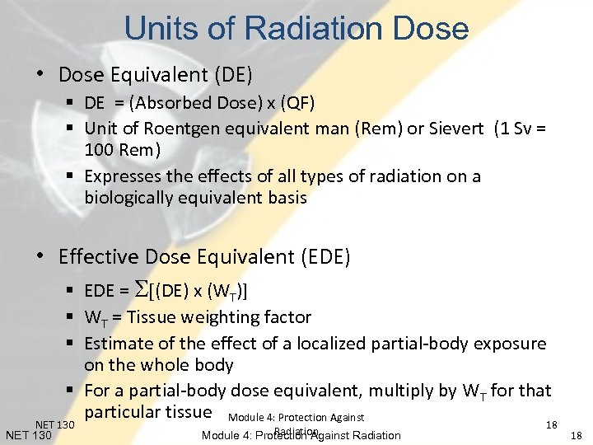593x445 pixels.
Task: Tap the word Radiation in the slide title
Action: tap(315, 29)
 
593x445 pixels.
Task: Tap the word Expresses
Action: tap(124, 176)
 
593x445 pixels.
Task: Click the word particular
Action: tap(123, 410)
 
